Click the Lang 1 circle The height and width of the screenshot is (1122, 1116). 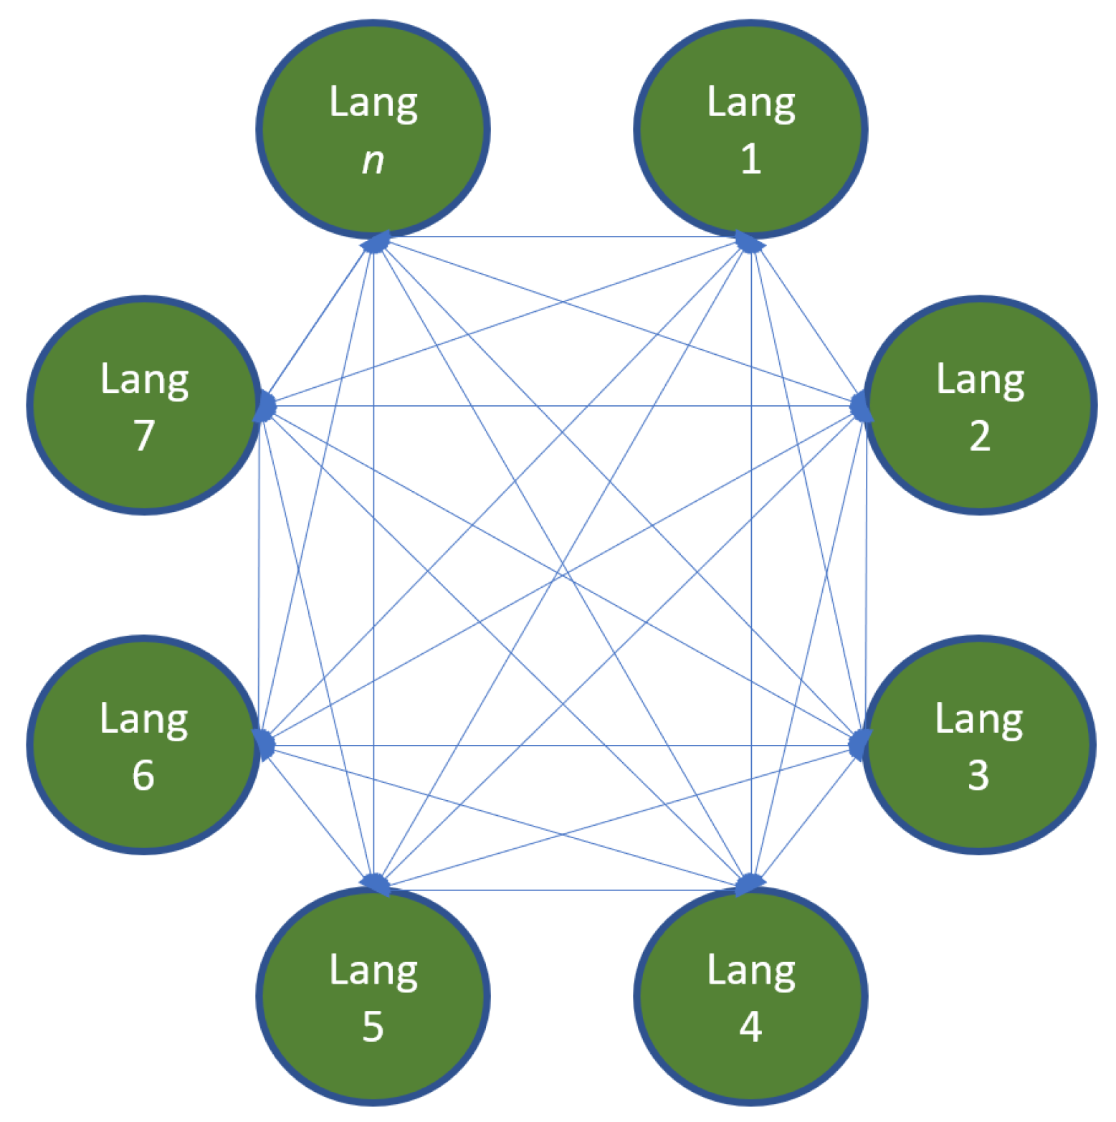(x=750, y=129)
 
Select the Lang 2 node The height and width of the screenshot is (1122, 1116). (x=980, y=405)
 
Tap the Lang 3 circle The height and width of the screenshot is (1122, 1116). (x=979, y=745)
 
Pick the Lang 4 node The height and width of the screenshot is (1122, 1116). (x=750, y=996)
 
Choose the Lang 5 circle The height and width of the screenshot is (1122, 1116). (x=373, y=996)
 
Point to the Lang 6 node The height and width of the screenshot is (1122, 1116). (x=143, y=745)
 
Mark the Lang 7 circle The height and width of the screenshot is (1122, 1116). (x=144, y=405)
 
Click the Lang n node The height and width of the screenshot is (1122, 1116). (x=373, y=129)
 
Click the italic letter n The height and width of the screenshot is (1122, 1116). (x=373, y=161)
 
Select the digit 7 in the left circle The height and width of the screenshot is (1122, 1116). (x=144, y=435)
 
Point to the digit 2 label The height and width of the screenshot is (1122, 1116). (x=980, y=435)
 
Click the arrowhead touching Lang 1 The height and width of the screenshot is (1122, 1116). (x=750, y=243)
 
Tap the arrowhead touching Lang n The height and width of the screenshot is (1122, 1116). (x=375, y=243)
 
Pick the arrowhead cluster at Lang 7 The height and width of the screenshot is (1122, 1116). (x=265, y=407)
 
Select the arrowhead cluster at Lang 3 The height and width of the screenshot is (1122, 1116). (x=859, y=745)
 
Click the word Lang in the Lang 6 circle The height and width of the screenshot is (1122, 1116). (x=143, y=719)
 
